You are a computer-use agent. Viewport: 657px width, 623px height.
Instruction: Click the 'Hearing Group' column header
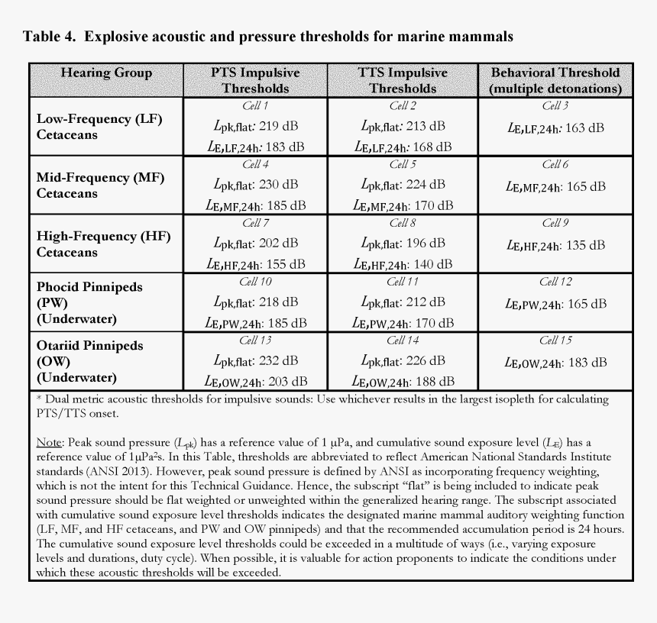point(106,73)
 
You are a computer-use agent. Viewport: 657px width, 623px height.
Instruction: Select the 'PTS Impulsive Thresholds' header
point(255,80)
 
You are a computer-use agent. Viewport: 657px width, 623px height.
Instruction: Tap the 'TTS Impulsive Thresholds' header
point(403,80)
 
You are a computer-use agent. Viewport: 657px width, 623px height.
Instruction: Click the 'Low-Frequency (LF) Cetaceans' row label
point(99,127)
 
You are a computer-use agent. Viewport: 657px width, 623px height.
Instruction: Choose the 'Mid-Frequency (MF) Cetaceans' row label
point(100,186)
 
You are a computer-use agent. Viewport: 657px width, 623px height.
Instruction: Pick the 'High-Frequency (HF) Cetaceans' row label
point(100,244)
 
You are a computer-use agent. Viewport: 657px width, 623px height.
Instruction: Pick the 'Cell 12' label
point(555,282)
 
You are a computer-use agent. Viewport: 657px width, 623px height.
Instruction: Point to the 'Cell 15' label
point(555,341)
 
